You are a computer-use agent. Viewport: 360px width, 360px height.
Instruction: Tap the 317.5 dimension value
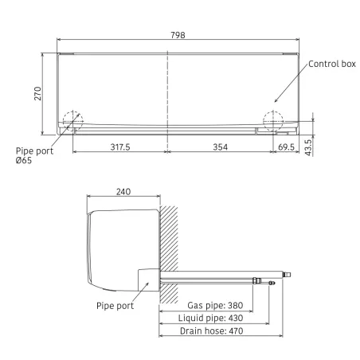[120, 147]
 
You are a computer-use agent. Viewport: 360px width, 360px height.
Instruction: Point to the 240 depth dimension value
[123, 192]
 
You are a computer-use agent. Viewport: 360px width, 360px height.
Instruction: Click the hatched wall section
[170, 255]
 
